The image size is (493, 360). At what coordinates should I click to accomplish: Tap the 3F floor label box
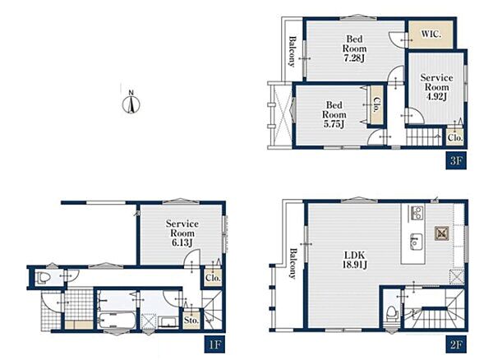[x=456, y=161]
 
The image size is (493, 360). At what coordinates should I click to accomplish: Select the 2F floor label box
[x=456, y=345]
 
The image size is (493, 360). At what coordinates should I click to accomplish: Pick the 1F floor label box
[x=214, y=345]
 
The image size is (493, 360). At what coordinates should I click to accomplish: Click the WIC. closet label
[x=431, y=34]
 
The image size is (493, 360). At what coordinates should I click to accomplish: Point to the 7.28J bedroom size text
[x=354, y=58]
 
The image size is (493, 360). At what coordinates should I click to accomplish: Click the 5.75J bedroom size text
[x=334, y=124]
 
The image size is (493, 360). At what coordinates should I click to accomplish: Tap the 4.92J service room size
[x=436, y=96]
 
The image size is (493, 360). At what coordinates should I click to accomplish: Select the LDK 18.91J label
[x=355, y=260]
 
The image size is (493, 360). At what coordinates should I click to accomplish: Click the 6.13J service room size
[x=182, y=242]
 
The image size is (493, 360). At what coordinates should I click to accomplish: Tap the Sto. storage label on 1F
[x=191, y=321]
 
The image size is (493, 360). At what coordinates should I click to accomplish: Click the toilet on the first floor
[x=44, y=278]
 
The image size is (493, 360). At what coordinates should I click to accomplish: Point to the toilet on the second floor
[x=393, y=313]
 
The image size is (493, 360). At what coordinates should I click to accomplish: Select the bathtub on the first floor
[x=117, y=321]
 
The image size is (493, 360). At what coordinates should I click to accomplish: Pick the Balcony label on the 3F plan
[x=293, y=52]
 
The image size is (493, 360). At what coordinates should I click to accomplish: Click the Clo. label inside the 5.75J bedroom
[x=376, y=104]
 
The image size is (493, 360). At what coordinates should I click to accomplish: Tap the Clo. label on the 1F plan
[x=213, y=278]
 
